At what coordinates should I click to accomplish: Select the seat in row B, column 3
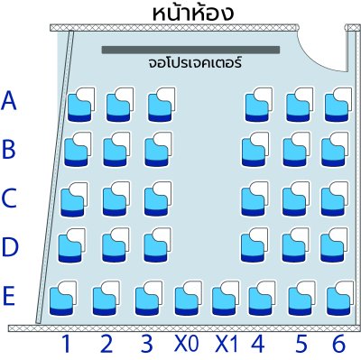(158, 150)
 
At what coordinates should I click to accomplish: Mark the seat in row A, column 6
(338, 104)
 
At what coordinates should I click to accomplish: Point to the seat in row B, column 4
(254, 150)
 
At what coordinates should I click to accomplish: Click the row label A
(9, 101)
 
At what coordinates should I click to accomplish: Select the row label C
(9, 197)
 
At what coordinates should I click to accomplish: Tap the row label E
(9, 295)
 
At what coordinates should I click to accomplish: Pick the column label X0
(186, 344)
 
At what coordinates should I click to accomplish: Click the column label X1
(226, 344)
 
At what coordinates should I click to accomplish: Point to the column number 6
(338, 344)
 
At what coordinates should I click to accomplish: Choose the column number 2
(106, 344)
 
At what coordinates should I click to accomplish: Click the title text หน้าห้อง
(194, 13)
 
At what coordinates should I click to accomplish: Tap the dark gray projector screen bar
(190, 50)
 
